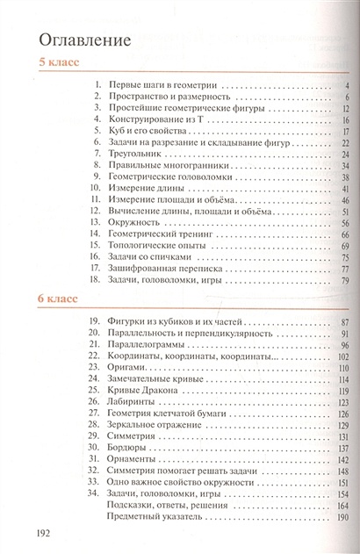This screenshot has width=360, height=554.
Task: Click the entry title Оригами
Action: (x=131, y=370)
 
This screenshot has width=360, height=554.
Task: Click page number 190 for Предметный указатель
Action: (x=343, y=518)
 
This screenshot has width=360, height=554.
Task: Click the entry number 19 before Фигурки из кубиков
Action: (x=97, y=323)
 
